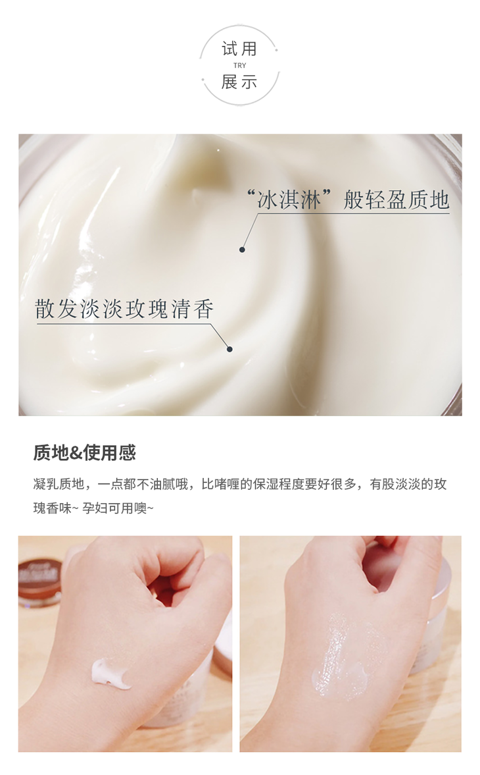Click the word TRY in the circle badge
(240, 65)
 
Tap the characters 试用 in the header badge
(240, 49)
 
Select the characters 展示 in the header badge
(240, 82)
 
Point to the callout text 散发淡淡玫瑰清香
(124, 309)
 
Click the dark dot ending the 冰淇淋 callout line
(242, 250)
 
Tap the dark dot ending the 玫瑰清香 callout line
(229, 349)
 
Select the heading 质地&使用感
(84, 452)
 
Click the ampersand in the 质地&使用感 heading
(76, 453)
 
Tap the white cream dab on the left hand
(110, 673)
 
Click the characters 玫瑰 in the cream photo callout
(147, 309)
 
